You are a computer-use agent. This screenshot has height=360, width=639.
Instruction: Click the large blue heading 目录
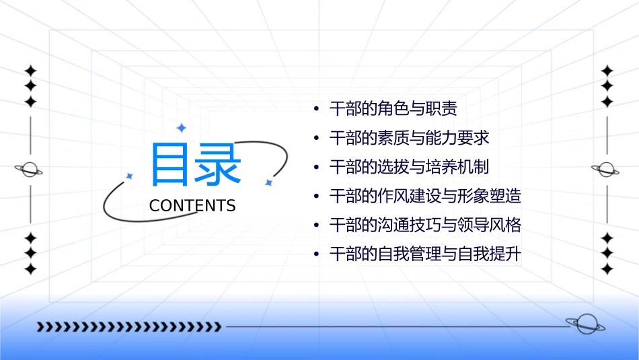(x=195, y=165)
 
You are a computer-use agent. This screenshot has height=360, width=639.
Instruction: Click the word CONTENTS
(x=192, y=206)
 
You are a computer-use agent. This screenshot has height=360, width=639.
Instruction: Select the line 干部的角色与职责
(x=393, y=108)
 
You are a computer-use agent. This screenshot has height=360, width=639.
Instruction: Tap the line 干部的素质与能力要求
(x=409, y=138)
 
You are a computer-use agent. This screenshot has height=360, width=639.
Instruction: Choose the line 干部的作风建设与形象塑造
(x=425, y=196)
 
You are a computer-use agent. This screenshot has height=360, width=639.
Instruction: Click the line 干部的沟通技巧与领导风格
(x=425, y=225)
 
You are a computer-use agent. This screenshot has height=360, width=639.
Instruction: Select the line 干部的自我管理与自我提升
(x=425, y=255)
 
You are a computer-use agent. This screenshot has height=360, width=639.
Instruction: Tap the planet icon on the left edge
(x=30, y=170)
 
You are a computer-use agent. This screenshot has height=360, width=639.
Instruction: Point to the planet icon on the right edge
(x=607, y=170)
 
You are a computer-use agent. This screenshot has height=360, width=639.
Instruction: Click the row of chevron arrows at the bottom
(x=128, y=327)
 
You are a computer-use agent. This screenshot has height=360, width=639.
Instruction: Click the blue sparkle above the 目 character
(x=180, y=127)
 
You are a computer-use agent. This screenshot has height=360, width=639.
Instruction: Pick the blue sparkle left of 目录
(x=130, y=176)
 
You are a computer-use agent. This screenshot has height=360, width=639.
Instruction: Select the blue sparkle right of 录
(x=268, y=182)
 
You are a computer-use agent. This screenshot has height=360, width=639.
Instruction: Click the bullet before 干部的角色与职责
(x=316, y=109)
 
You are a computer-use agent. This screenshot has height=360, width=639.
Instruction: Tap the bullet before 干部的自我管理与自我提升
(x=316, y=256)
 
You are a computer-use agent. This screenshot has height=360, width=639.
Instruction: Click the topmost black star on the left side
(x=30, y=71)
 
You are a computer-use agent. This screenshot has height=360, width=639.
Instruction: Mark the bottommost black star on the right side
(x=607, y=269)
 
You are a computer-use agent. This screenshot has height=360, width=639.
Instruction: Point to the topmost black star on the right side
(x=607, y=71)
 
